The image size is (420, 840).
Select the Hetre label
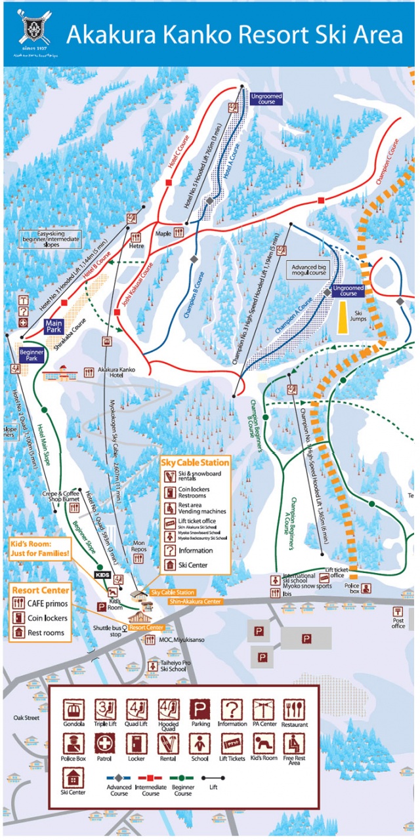(x=136, y=246)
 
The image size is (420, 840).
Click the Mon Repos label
(x=138, y=546)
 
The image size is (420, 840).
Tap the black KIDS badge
(x=102, y=574)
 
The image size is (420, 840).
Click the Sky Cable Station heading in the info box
(x=195, y=462)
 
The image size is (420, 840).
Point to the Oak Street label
(x=26, y=718)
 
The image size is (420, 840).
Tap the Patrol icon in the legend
(x=105, y=744)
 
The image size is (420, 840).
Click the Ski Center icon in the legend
(x=73, y=778)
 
